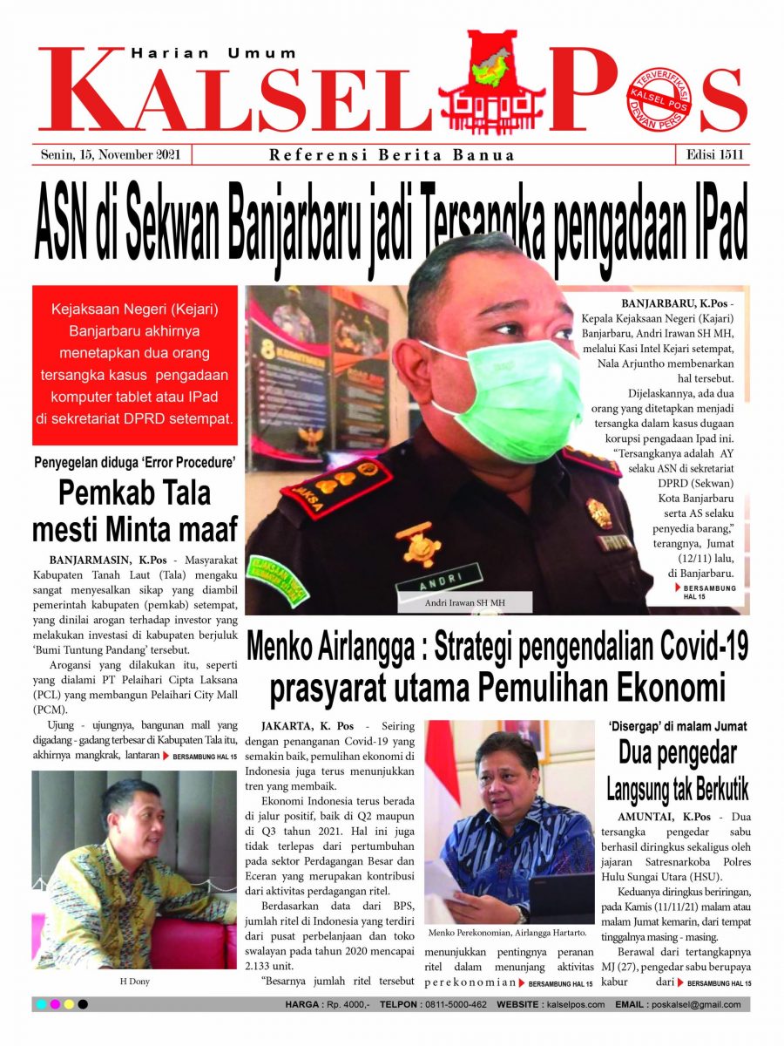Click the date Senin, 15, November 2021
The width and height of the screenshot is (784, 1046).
point(111,155)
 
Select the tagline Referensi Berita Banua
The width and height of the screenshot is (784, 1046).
point(392,156)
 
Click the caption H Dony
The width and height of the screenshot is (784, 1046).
point(134,981)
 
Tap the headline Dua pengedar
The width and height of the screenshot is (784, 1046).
point(678,752)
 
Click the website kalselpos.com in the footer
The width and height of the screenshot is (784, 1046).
point(576,1004)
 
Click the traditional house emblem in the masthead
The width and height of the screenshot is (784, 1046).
point(492,83)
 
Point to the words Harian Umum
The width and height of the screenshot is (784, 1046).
point(213,53)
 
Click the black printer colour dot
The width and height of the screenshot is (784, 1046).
point(83,1004)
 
